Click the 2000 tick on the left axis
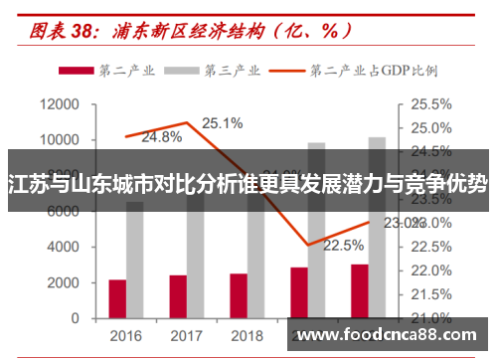click(x=65, y=283)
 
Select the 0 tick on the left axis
click(x=75, y=318)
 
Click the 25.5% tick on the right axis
click(x=430, y=104)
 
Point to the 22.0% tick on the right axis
click(x=430, y=270)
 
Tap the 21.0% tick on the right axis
click(x=430, y=318)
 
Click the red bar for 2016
click(x=117, y=298)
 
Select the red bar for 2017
click(x=178, y=296)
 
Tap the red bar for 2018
click(x=239, y=295)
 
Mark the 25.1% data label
click(x=223, y=123)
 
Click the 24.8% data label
click(x=161, y=136)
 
